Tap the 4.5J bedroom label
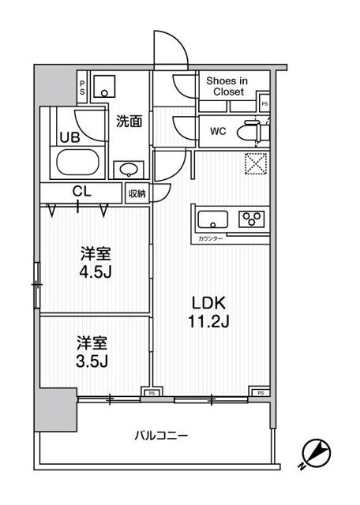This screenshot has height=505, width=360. pos(94,264)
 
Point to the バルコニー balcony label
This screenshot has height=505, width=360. pos(160,435)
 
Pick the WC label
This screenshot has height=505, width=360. pos(219,131)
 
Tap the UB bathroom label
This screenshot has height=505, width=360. pos(69,136)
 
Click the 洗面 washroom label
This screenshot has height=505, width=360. pos(129,122)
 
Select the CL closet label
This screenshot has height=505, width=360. pos(81,191)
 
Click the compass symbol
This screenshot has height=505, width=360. pos(317,453)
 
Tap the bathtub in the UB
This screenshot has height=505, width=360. pos(77,163)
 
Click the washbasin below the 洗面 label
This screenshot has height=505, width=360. pos(127,169)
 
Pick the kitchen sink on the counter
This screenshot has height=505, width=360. pos(214,219)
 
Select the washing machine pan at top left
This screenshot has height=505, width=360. pos(104,86)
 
